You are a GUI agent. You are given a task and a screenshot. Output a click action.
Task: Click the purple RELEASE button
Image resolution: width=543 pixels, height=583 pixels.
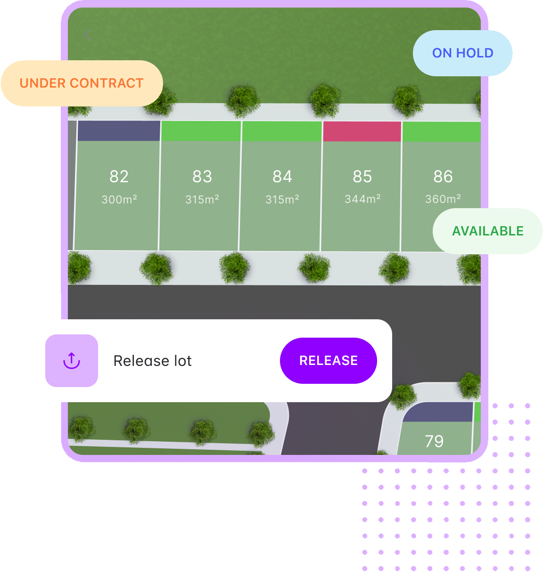point(329,361)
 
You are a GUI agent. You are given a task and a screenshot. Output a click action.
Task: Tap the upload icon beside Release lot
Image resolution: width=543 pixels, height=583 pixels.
point(72,361)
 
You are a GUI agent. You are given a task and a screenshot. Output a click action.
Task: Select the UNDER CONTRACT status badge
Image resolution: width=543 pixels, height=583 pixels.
point(82,83)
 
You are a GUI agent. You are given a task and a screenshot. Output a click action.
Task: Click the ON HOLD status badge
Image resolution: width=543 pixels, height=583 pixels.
point(462,53)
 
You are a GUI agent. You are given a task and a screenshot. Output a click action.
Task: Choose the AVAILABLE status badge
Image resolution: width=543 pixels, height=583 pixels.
point(487,231)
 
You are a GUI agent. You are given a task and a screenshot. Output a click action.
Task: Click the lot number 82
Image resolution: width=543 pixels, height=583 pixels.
point(119,177)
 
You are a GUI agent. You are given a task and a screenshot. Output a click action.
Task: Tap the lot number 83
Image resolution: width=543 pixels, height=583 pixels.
point(202,177)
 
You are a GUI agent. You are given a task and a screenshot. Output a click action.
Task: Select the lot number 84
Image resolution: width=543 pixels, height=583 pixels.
point(282,177)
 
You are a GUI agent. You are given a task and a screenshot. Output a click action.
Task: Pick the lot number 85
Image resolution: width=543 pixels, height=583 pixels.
point(362,177)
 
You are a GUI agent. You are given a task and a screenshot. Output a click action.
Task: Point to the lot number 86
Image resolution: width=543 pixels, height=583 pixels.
point(443,177)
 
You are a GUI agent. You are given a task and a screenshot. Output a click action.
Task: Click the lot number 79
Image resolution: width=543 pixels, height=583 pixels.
point(434,441)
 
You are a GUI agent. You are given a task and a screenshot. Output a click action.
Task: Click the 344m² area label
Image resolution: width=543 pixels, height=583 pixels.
point(362,199)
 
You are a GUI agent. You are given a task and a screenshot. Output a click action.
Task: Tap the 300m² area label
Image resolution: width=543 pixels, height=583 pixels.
point(119,200)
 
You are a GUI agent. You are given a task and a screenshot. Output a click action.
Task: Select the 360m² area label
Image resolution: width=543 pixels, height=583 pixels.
point(443,199)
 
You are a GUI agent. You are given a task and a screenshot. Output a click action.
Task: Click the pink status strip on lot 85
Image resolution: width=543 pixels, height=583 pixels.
point(362,131)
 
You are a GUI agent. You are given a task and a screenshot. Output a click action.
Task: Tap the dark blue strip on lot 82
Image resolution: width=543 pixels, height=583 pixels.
point(119,131)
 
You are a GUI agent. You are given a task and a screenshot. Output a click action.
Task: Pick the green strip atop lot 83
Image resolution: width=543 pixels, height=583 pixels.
point(201,131)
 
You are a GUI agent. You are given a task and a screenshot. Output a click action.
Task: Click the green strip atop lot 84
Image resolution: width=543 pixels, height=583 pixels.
point(282,131)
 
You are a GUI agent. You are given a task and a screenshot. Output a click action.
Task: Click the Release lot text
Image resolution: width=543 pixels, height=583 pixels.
point(152,361)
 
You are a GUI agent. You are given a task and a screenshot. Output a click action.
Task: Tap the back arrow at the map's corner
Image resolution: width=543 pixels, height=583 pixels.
point(87,35)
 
